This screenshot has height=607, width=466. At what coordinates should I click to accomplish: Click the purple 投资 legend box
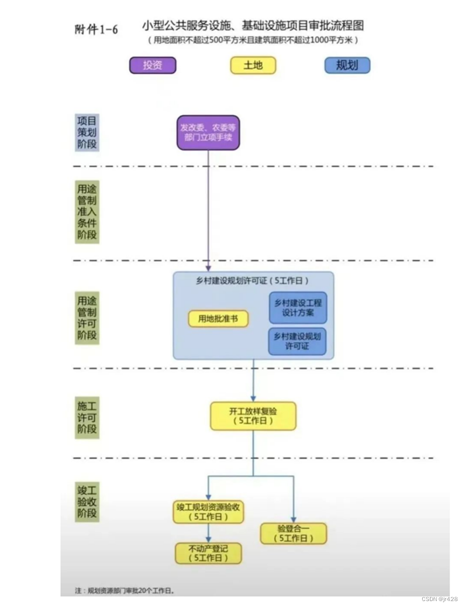(152, 66)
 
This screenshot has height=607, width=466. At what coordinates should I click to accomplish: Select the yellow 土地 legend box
(253, 66)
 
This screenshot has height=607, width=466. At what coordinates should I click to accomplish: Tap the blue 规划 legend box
(347, 66)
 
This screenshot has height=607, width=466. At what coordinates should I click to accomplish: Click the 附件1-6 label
(96, 30)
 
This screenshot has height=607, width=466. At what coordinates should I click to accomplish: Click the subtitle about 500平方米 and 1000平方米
(253, 40)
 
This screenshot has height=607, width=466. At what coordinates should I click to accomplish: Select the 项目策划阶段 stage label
(87, 132)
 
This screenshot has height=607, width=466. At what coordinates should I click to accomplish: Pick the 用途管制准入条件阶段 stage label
(87, 212)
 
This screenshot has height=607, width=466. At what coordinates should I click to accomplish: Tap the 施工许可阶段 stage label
(87, 418)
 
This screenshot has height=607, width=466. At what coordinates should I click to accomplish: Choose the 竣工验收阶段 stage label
(87, 502)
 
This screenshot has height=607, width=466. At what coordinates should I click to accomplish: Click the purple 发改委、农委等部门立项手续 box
(208, 133)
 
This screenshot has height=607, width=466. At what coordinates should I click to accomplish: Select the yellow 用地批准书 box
(218, 319)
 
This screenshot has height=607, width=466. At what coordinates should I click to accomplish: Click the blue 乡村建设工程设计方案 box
(298, 308)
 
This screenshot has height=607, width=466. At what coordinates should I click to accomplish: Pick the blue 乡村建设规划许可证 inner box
(297, 341)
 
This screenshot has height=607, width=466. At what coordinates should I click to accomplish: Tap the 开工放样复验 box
(253, 416)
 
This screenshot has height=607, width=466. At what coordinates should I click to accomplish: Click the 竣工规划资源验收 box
(208, 512)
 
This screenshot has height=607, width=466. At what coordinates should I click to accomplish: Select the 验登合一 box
(294, 533)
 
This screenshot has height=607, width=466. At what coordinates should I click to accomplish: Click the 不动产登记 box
(208, 553)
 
